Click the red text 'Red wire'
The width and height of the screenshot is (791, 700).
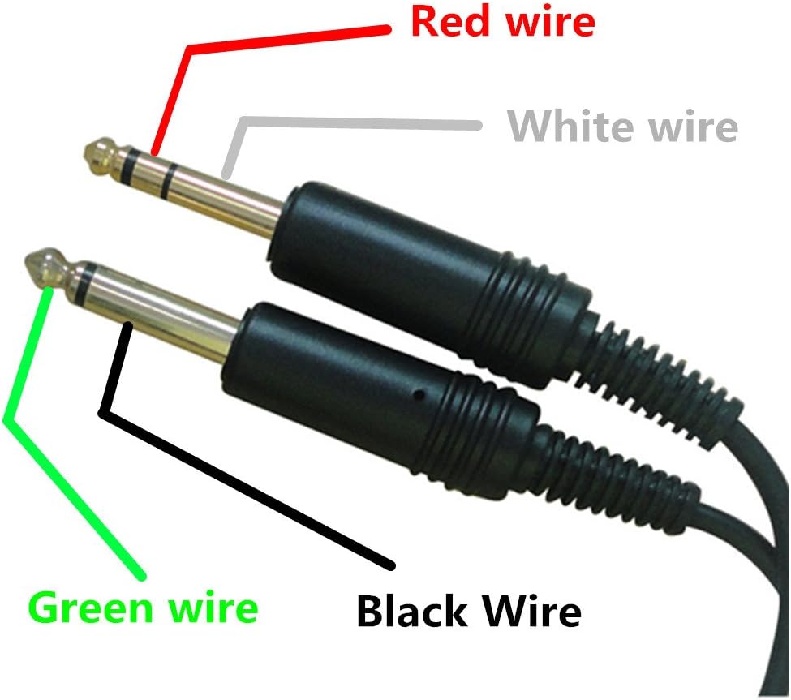click(x=502, y=21)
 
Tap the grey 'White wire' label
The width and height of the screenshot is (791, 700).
click(x=622, y=127)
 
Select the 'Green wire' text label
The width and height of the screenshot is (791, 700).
click(x=144, y=608)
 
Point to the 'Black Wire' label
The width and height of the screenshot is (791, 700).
click(x=469, y=611)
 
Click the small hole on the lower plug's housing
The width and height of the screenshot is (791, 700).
click(x=419, y=396)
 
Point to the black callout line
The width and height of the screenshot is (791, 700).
click(x=243, y=487)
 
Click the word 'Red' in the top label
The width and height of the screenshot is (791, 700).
click(x=445, y=21)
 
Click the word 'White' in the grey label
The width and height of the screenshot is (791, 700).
click(x=560, y=127)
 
